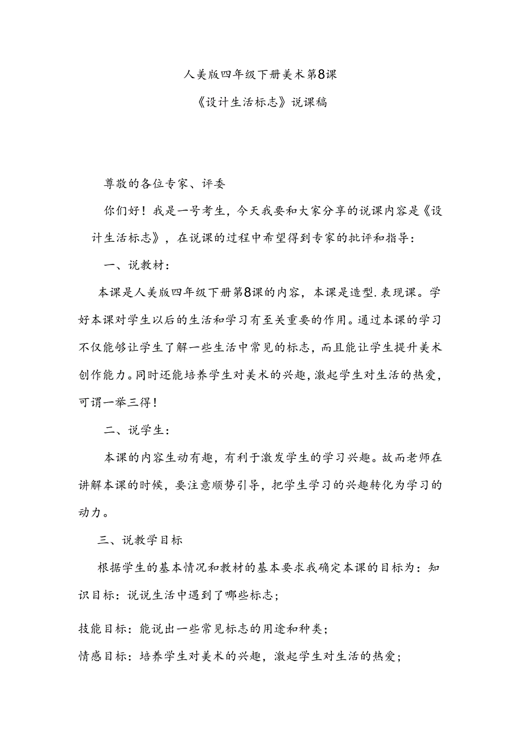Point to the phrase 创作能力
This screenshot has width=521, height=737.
(102, 374)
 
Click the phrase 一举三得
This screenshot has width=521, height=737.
(131, 402)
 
